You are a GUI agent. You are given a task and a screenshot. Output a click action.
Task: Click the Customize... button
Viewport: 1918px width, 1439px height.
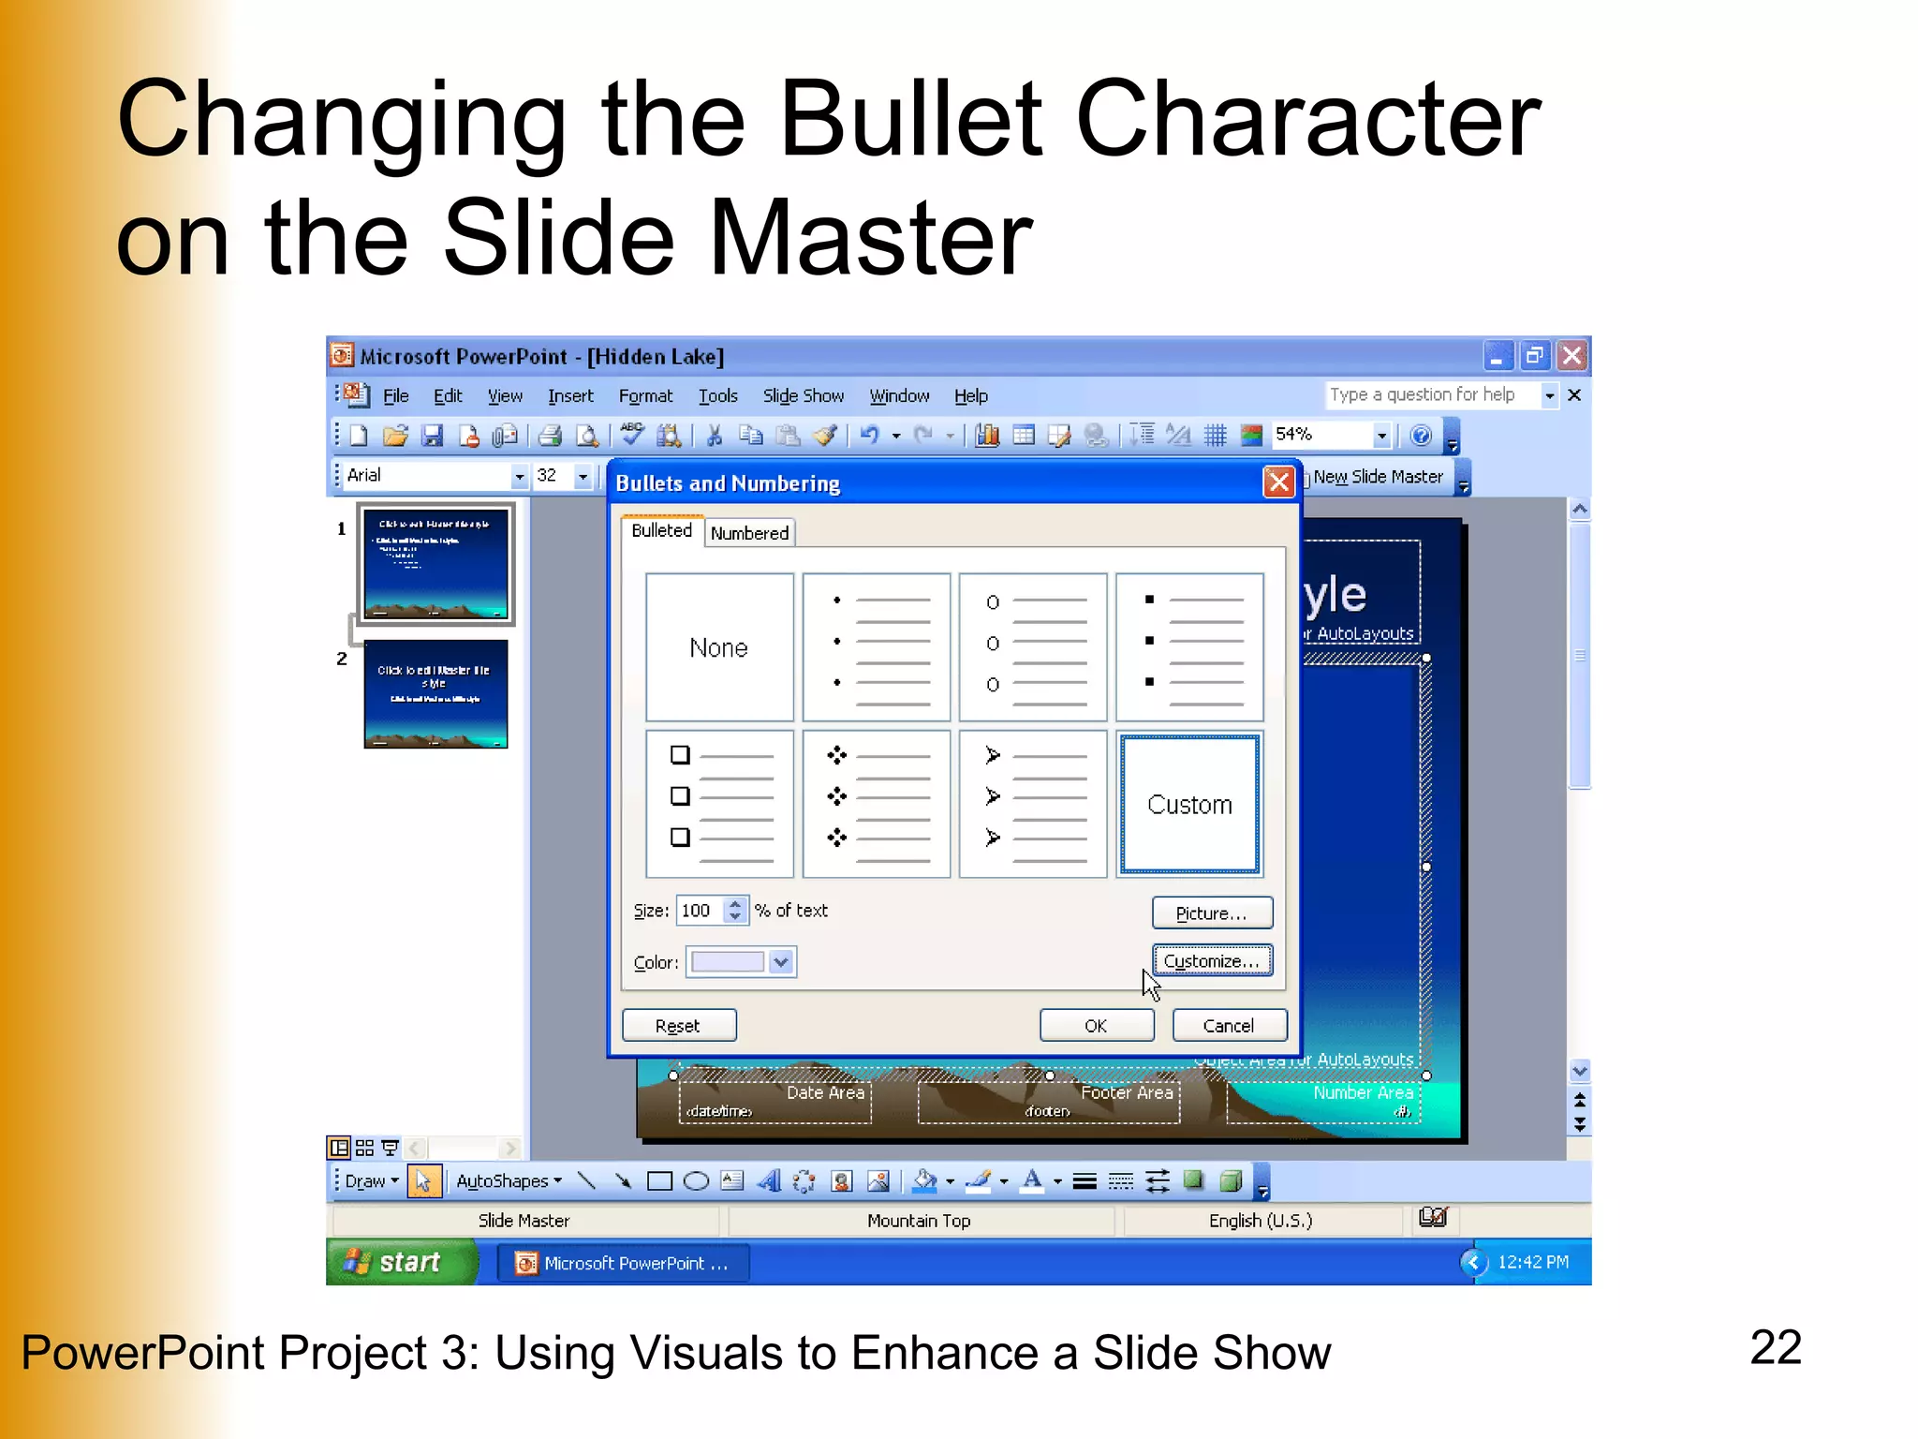coord(1211,961)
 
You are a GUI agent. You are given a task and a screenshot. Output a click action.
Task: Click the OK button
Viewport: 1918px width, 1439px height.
coord(1096,1026)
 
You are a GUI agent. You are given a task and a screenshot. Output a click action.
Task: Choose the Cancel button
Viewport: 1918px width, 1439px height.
coord(1228,1026)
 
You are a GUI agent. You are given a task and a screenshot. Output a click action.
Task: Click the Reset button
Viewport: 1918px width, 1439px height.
coord(678,1026)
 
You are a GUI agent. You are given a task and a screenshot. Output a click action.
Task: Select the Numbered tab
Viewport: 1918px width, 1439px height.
coord(749,533)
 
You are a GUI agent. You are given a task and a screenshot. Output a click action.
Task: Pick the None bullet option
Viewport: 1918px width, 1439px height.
coord(719,647)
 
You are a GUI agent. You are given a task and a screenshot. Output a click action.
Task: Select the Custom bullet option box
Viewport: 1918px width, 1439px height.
coord(1189,805)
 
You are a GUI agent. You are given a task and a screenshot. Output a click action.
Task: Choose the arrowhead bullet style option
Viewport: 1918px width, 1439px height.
coord(1033,805)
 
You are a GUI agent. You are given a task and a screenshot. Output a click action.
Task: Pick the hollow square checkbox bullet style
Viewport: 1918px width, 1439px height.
coord(719,805)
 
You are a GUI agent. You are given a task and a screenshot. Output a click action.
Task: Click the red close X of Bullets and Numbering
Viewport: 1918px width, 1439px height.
coord(1278,482)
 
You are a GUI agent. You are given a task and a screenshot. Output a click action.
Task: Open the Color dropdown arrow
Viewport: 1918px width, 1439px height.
coord(781,962)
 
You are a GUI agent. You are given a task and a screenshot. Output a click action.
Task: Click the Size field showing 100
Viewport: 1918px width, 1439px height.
coord(699,911)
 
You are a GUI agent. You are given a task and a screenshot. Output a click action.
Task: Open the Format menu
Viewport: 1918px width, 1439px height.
coord(645,396)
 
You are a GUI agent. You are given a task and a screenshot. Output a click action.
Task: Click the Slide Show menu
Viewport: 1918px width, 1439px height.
coord(803,396)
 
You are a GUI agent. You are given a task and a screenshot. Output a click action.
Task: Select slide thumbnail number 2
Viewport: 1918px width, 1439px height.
coord(435,694)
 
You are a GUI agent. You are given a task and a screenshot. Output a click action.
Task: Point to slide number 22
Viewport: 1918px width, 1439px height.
coord(1775,1348)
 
